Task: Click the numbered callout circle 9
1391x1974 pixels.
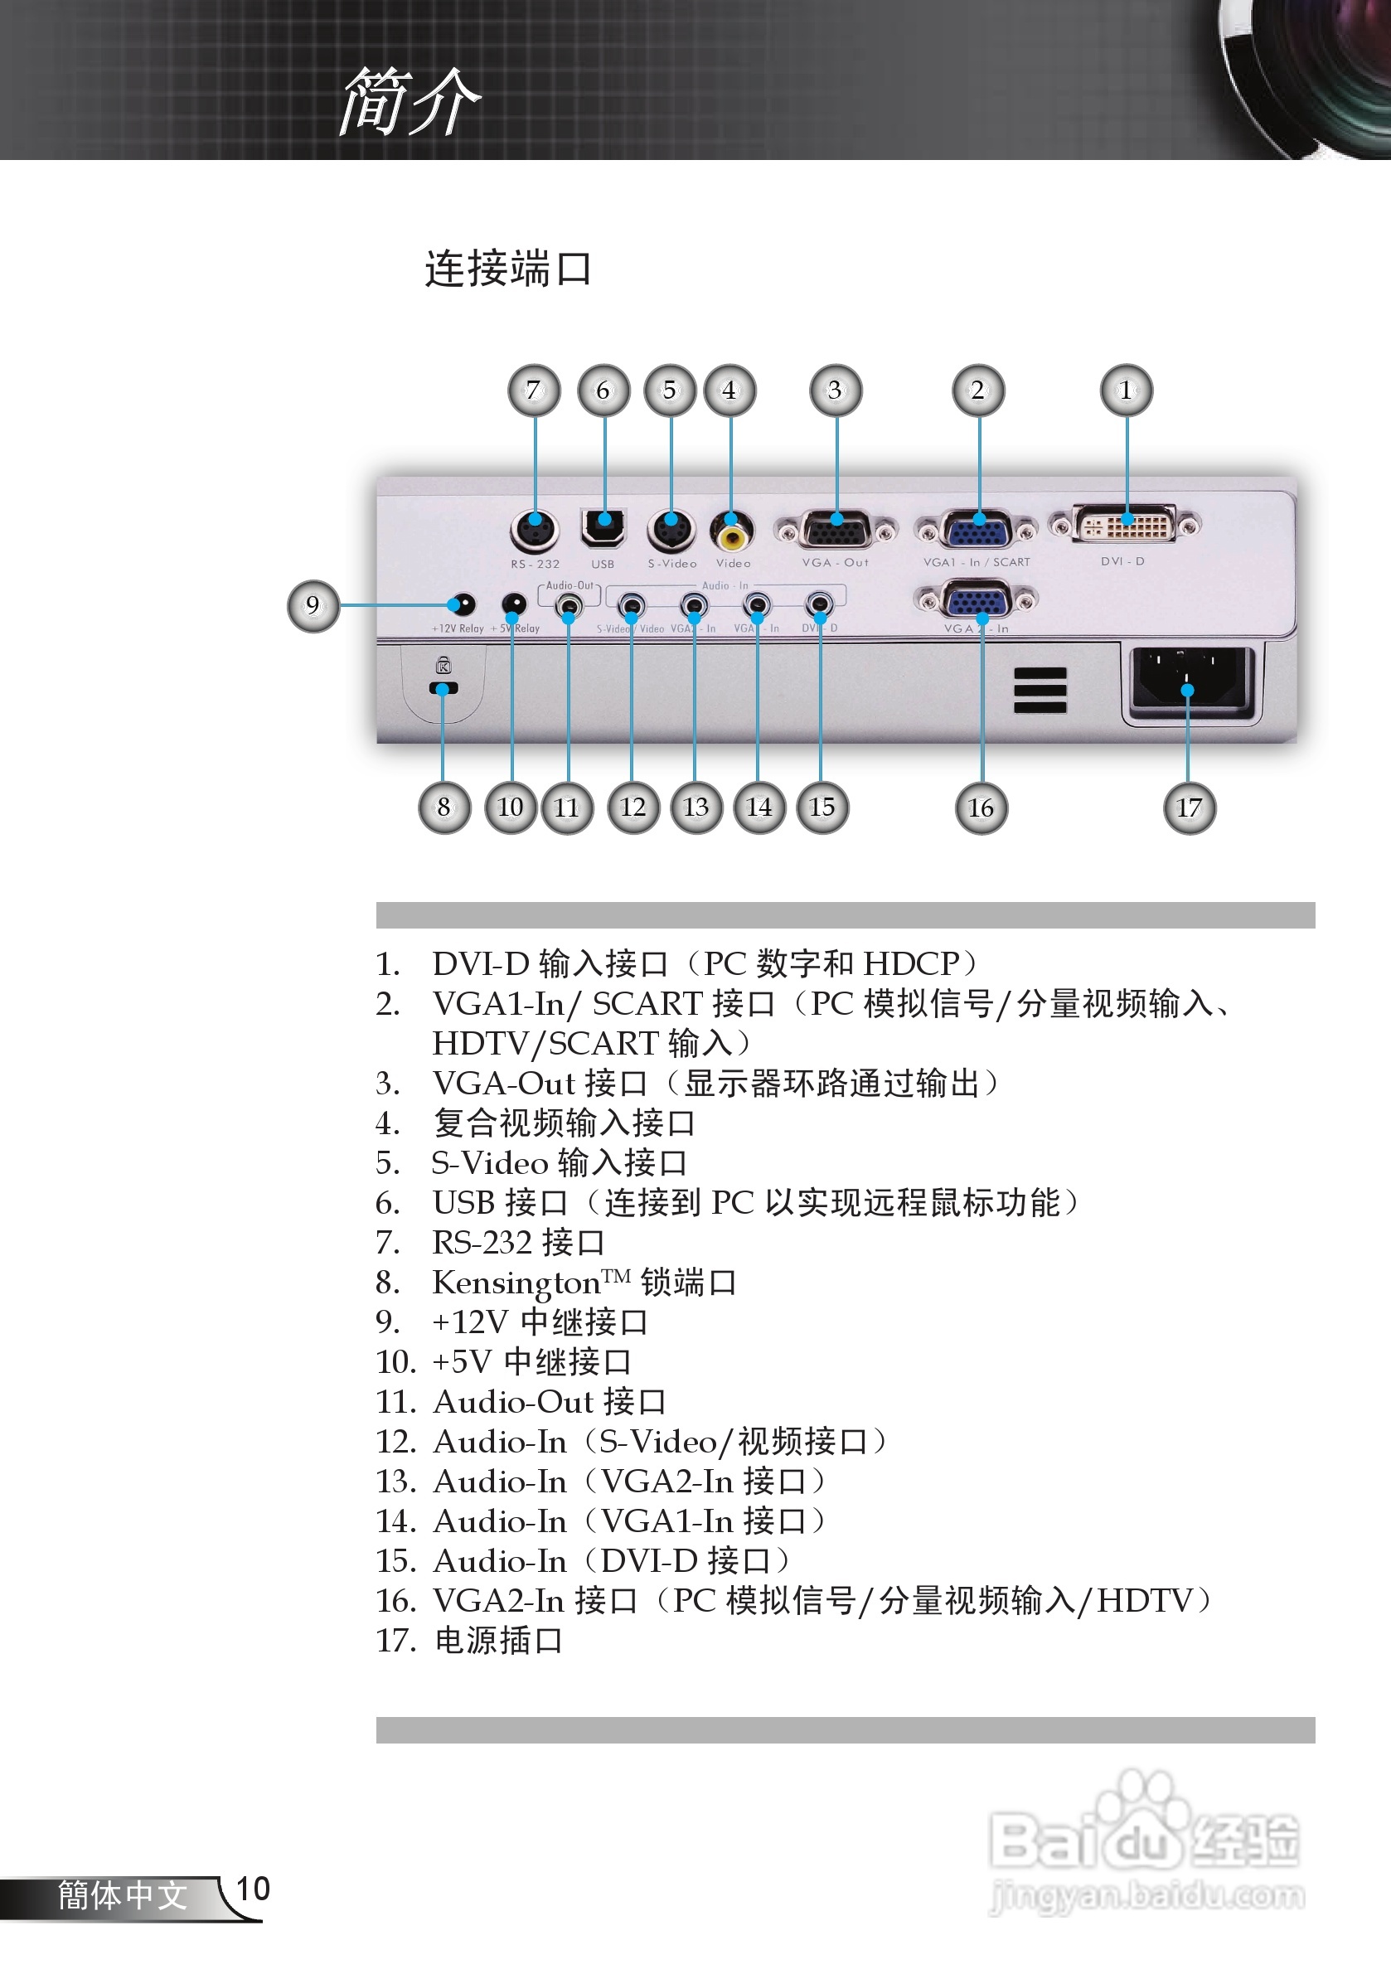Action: pos(313,606)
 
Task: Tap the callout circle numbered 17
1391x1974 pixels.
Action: pos(1189,808)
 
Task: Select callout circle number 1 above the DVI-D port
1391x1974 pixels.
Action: pos(1127,390)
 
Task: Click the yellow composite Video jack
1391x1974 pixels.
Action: pos(732,531)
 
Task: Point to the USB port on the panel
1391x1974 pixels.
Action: pos(603,527)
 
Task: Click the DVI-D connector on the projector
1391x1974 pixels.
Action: pos(1127,524)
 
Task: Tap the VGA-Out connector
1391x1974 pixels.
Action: pos(836,529)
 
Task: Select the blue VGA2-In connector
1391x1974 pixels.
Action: pos(977,599)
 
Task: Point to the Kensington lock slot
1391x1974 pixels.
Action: pos(443,688)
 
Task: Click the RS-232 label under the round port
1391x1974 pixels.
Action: pos(535,564)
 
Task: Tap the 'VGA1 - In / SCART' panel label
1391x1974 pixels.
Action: pos(977,562)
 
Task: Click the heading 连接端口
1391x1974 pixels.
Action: pos(508,269)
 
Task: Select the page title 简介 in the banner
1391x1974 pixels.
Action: pos(410,101)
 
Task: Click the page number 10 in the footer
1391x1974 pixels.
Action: pos(253,1889)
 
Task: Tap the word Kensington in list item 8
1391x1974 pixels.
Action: pos(516,1283)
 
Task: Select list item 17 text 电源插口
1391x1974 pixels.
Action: pos(499,1641)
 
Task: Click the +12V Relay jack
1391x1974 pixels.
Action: pos(463,604)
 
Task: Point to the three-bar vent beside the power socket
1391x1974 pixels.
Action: pos(1040,690)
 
